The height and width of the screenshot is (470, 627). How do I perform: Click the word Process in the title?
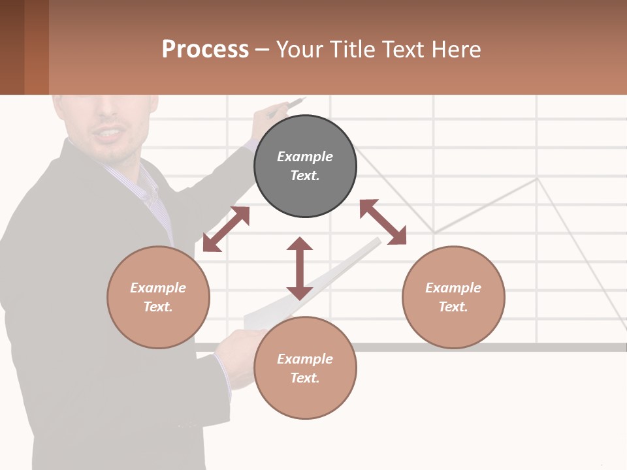click(x=205, y=49)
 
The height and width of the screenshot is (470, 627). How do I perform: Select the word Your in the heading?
click(x=299, y=49)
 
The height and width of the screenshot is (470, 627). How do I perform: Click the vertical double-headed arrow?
click(x=300, y=268)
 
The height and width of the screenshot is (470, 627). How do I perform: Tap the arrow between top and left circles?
click(x=226, y=229)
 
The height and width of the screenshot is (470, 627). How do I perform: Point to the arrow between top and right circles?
click(x=383, y=222)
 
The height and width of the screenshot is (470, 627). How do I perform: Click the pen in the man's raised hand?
click(x=290, y=105)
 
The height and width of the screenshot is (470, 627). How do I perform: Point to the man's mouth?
click(x=107, y=135)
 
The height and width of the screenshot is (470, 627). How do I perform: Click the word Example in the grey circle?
click(x=305, y=156)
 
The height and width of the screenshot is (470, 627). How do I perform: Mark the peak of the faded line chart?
click(x=537, y=178)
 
